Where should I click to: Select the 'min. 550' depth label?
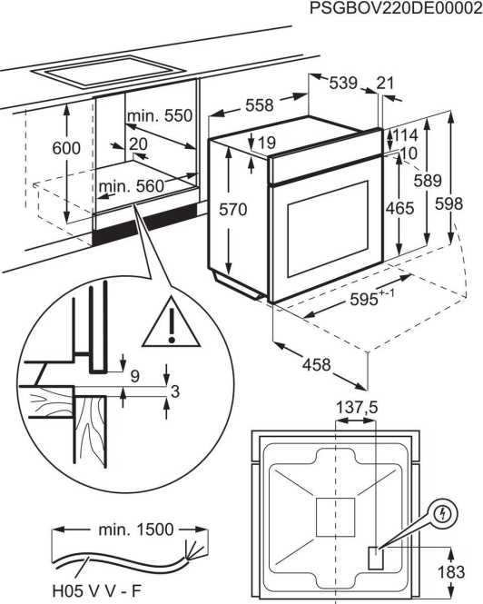tap(160, 115)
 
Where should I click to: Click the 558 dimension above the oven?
tap(260, 105)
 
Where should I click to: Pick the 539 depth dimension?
tap(342, 83)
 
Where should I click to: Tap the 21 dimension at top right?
tap(386, 83)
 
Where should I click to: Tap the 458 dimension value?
tap(315, 364)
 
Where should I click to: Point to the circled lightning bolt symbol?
tap(441, 513)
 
